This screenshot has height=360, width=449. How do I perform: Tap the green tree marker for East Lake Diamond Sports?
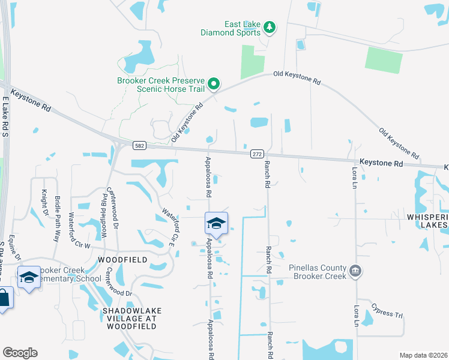(x=270, y=27)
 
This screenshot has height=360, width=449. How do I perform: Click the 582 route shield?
(x=139, y=145)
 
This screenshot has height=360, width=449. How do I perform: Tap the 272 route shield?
(x=257, y=154)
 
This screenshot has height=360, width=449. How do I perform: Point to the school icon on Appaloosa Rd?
(x=216, y=224)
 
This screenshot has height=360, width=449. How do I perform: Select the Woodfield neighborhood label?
(x=122, y=260)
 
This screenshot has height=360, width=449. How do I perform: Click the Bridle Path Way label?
(x=58, y=210)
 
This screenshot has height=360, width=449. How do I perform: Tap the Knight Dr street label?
(x=44, y=203)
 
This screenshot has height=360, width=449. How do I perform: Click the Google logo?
(x=20, y=353)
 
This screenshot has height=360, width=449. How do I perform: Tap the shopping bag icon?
(x=4, y=299)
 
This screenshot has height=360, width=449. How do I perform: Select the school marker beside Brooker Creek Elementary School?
(x=29, y=278)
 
